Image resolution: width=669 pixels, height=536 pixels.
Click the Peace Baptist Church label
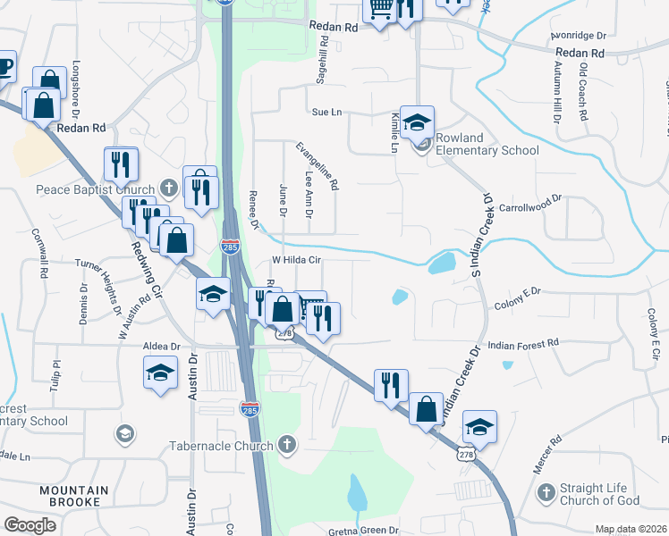96,189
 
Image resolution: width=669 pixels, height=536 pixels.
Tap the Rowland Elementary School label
487,144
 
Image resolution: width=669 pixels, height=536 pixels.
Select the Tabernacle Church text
223,445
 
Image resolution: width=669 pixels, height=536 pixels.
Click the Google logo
30,525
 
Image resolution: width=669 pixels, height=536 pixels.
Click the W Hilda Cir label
296,260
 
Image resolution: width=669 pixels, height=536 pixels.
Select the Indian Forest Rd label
522,343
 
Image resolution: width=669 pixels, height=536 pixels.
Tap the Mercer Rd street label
555,452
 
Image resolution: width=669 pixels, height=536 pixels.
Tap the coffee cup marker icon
4,67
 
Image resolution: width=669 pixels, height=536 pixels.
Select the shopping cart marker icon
380,9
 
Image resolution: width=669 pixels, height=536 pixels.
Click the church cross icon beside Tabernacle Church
286,444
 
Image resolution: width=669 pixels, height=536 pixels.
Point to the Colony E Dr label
518,298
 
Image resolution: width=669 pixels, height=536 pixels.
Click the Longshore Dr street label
77,81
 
